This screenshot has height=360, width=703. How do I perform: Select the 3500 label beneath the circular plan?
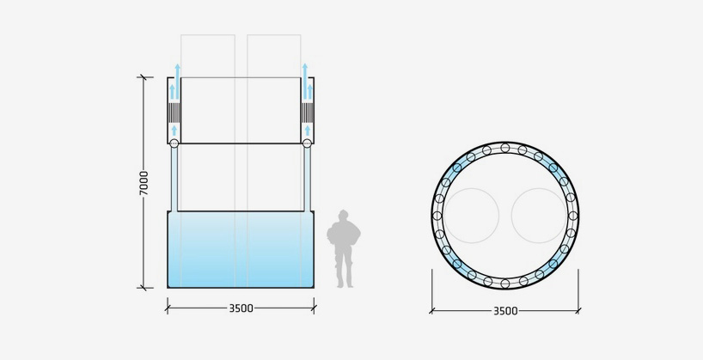click(505, 310)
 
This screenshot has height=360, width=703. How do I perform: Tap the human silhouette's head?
click(344, 215)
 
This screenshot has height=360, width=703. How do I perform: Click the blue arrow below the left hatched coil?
click(174, 131)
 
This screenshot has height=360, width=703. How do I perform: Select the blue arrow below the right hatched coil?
click(307, 131)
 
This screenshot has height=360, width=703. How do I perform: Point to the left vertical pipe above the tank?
click(174, 179)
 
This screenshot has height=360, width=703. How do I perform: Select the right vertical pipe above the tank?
click(307, 179)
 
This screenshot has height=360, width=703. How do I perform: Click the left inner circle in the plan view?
click(471, 216)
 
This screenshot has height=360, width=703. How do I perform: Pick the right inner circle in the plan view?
click(539, 216)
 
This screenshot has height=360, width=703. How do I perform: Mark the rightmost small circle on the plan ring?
click(572, 216)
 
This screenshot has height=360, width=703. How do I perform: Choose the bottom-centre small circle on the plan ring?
click(505, 283)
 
